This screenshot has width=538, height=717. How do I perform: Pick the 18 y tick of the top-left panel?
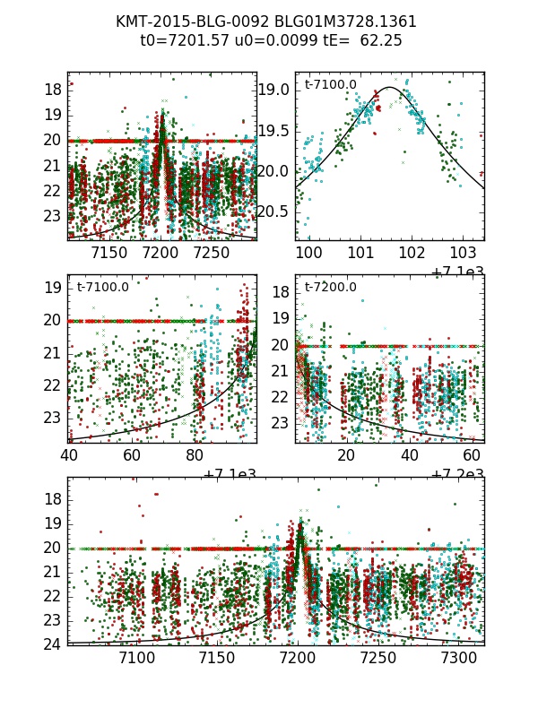(x=53, y=89)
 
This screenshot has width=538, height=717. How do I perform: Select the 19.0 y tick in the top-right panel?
(x=273, y=90)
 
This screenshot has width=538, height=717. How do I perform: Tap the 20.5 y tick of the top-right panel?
(x=273, y=212)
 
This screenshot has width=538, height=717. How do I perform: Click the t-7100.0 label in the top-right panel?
(x=331, y=85)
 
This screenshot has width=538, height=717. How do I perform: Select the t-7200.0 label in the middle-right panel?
(x=331, y=288)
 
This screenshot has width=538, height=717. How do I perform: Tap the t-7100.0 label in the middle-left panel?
(x=103, y=288)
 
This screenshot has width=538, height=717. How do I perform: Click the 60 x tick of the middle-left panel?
(x=132, y=455)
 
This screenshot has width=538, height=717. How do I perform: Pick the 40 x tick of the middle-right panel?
(x=410, y=455)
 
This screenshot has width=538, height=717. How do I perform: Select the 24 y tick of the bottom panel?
(x=53, y=644)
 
